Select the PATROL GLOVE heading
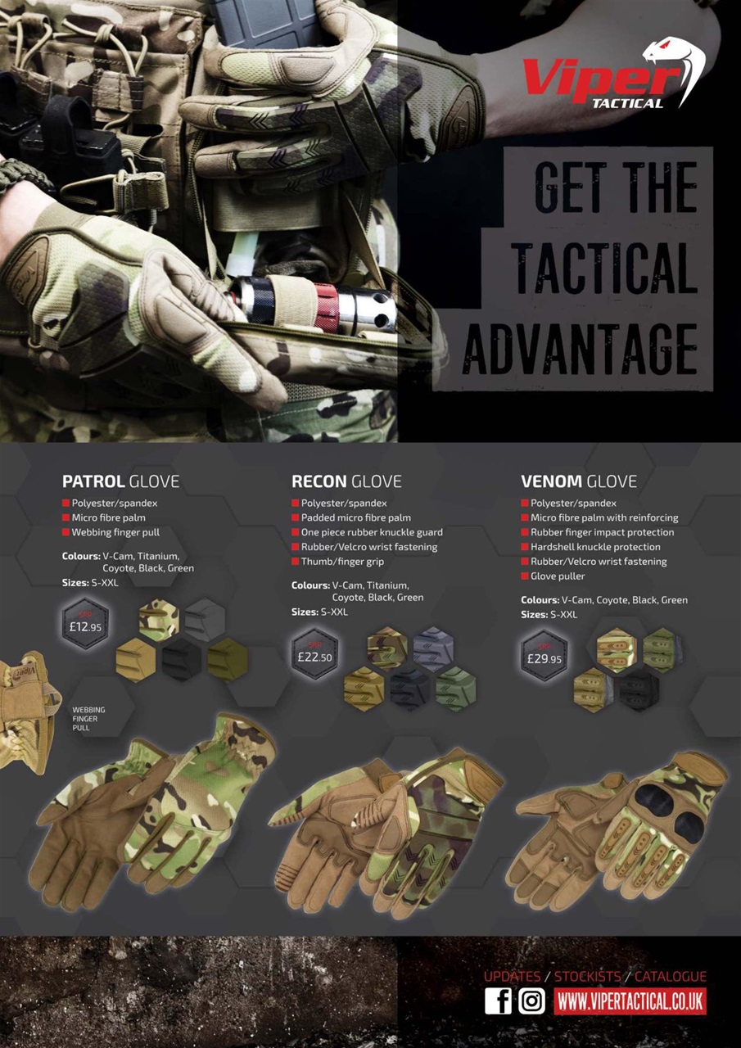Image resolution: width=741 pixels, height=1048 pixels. point(120,481)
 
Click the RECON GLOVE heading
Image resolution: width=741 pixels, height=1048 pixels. point(346,481)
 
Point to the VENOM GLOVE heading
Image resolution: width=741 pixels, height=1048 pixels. point(578,481)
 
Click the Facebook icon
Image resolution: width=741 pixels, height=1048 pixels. point(498,1001)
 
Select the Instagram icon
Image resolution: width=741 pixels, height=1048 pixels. point(531,1001)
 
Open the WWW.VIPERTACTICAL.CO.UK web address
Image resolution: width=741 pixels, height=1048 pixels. point(630,1001)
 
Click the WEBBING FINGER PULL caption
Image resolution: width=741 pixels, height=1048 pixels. point(88,718)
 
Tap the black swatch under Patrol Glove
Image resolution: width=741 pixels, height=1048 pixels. point(182,657)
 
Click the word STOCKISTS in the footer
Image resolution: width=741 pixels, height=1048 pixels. point(587,977)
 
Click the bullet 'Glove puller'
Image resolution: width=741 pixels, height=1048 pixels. point(558,576)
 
